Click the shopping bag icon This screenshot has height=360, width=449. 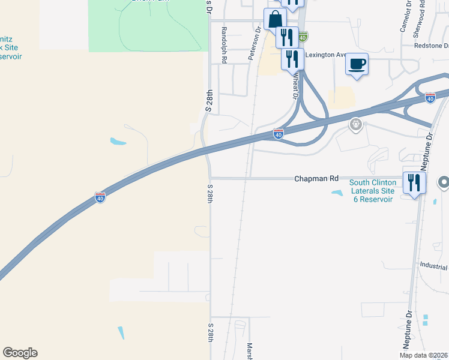point(274,19)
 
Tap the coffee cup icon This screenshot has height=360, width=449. point(357,63)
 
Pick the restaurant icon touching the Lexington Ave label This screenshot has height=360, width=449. point(292,58)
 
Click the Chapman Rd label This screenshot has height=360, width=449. point(316,178)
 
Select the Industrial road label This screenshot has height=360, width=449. point(434,265)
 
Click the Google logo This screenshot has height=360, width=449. point(20,353)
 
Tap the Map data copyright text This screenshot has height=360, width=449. point(424,355)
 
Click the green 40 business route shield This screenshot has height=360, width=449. point(303,37)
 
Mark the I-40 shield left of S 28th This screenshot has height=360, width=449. point(100,197)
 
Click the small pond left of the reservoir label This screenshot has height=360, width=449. point(337,193)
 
